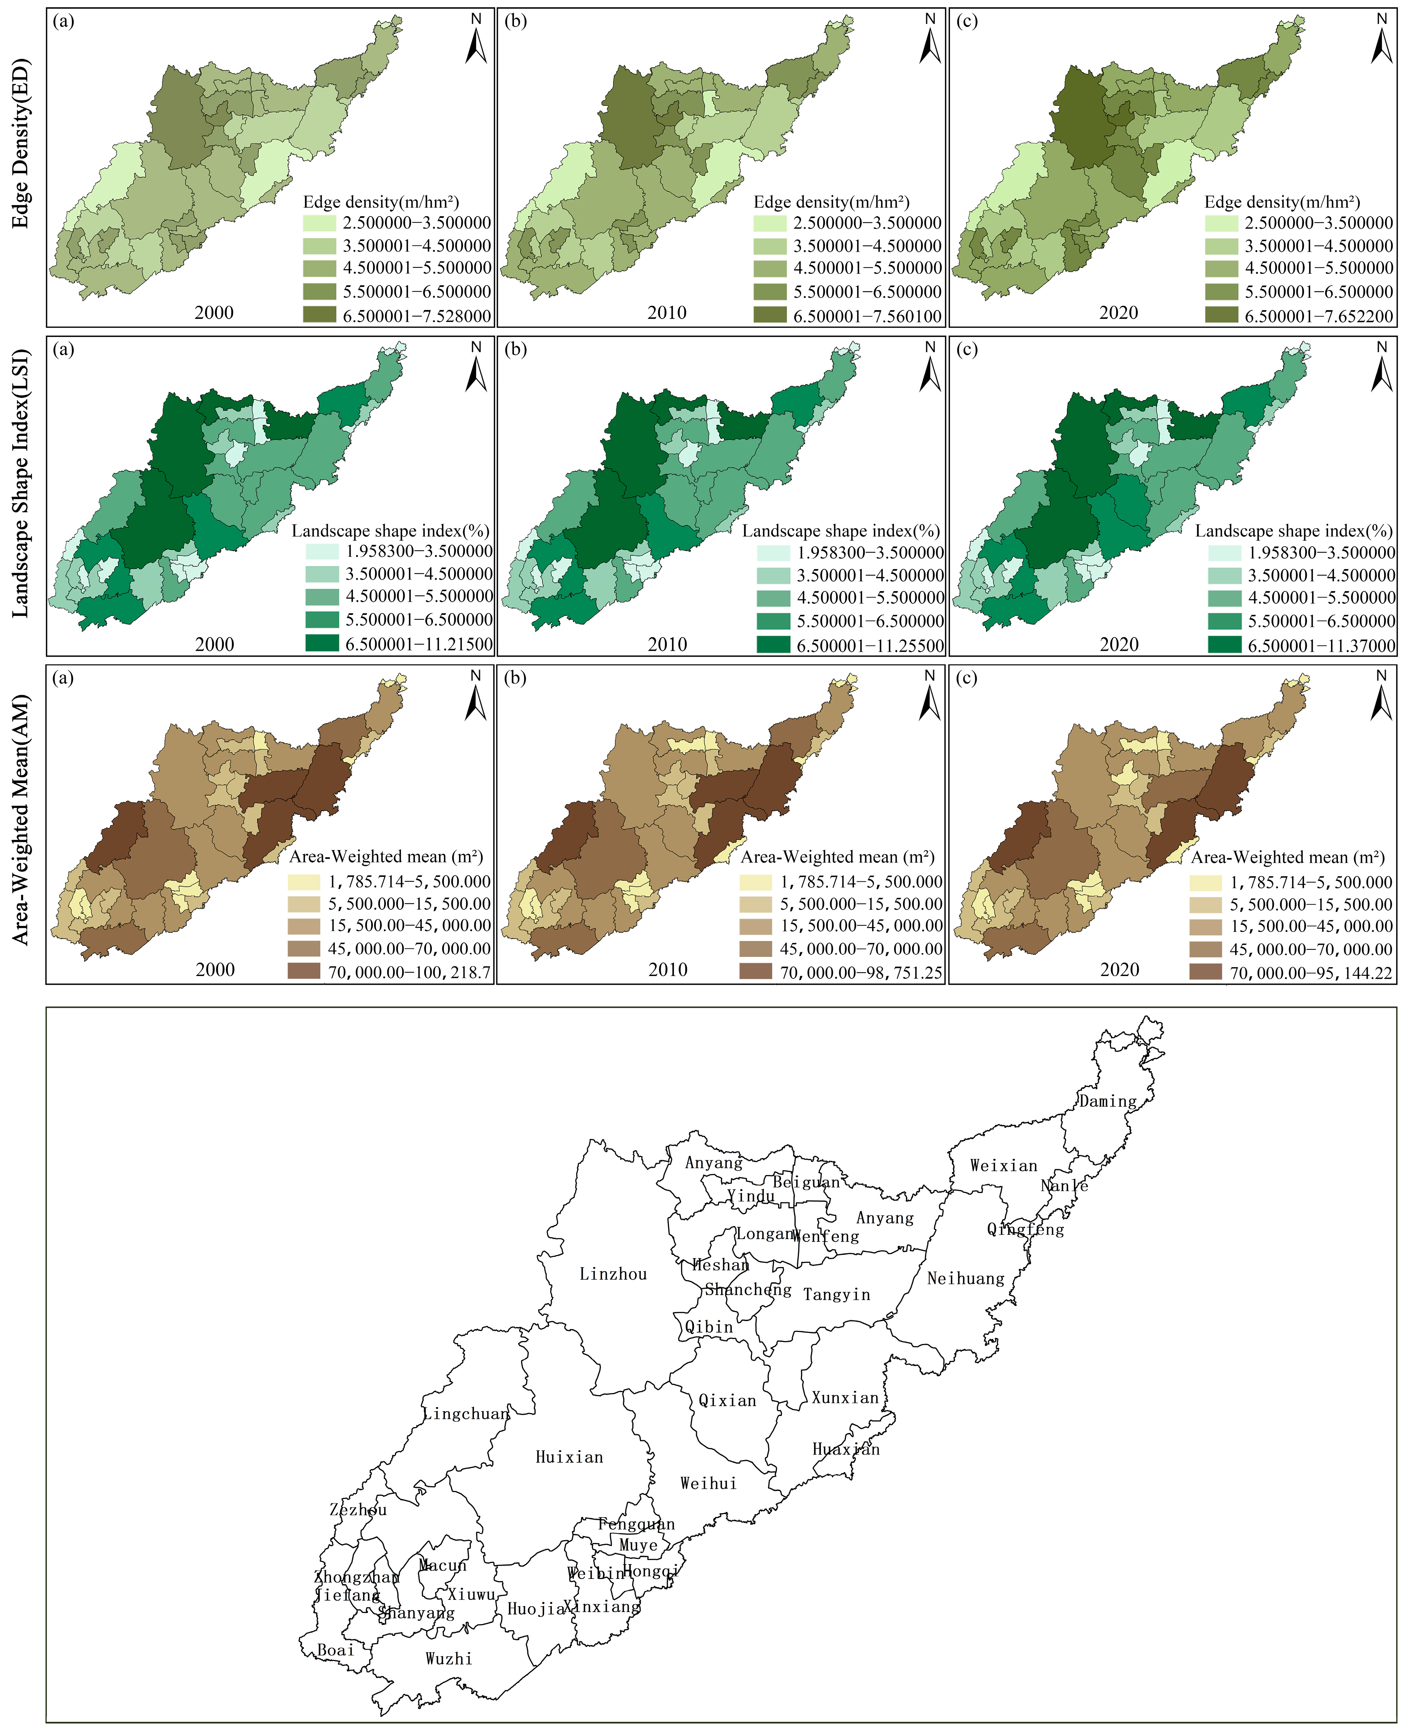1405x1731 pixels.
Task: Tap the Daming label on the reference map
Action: [1107, 1101]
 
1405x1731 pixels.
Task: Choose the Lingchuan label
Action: [466, 1414]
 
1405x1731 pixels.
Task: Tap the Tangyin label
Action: [836, 1295]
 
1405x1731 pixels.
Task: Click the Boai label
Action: [335, 1650]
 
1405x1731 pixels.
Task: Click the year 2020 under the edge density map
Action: [1118, 312]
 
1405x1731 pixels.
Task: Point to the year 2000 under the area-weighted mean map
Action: [215, 970]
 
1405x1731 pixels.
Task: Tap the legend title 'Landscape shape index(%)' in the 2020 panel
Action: [1293, 531]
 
